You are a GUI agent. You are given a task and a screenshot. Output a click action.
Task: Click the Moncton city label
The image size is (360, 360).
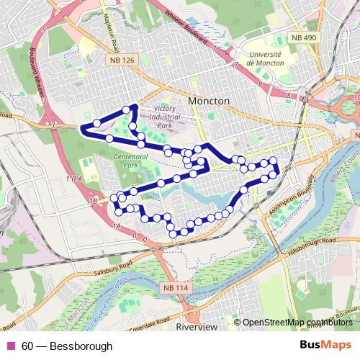[x=208, y=102]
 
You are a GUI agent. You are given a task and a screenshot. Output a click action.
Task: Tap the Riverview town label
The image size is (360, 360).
[x=197, y=327]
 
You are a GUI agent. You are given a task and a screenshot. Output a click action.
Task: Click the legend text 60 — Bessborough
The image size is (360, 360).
[x=66, y=346]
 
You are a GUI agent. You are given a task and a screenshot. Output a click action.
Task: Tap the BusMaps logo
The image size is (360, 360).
[x=325, y=346]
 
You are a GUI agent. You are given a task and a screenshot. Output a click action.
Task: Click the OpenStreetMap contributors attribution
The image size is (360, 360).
[x=298, y=323]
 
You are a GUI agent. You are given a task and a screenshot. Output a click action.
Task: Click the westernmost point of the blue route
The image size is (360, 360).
[x=81, y=129]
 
